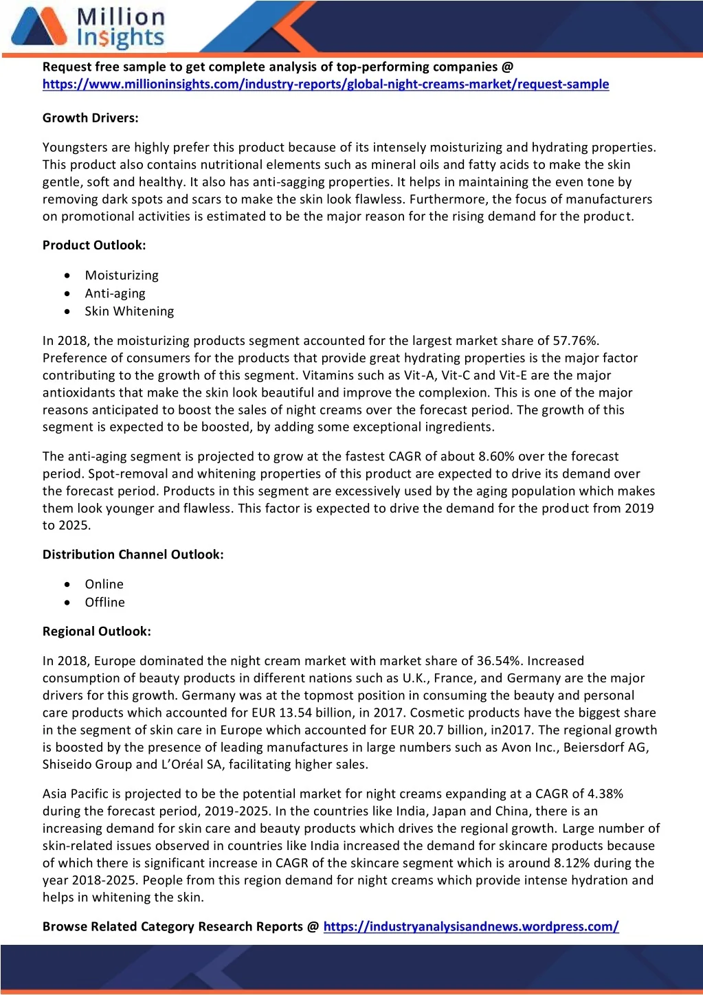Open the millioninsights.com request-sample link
325,85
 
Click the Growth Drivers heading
90,118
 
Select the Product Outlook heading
94,245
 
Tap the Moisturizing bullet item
122,276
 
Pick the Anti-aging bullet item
115,293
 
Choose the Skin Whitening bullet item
129,311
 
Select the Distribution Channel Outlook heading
133,555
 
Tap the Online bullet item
104,584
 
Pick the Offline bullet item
105,602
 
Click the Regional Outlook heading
97,631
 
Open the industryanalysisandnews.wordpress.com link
471,926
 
